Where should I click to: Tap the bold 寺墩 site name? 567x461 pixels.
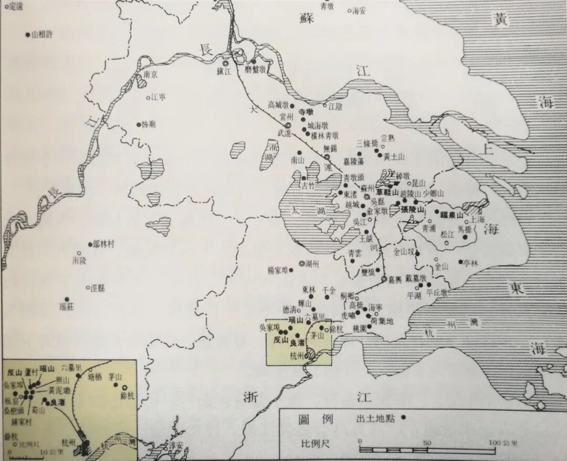(306, 112)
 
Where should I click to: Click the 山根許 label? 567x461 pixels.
(43, 35)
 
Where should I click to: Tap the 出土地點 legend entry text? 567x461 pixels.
(374, 420)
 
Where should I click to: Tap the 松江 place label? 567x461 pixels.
(447, 234)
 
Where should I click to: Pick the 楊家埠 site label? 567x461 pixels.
(278, 271)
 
